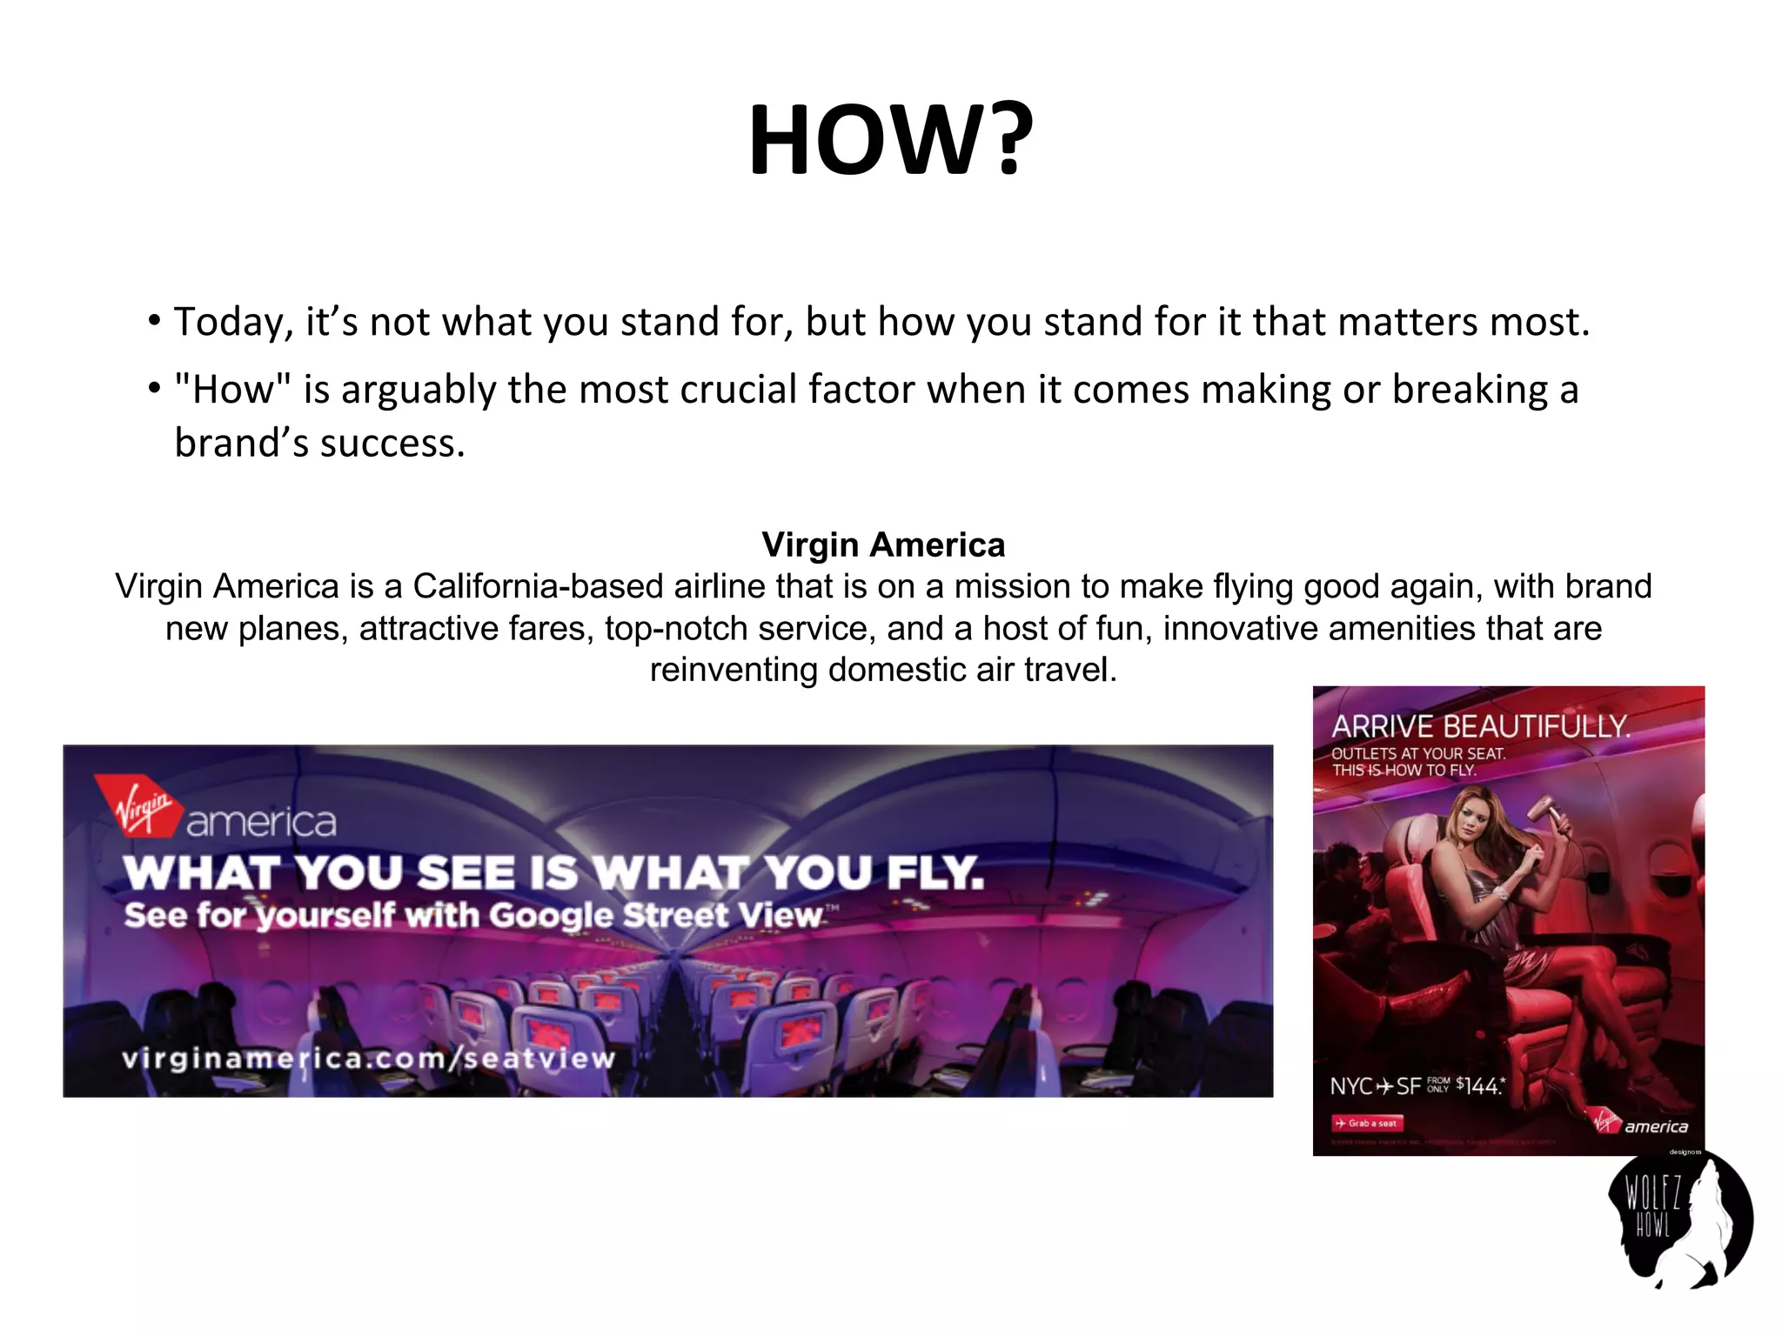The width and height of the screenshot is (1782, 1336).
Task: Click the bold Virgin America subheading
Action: click(883, 545)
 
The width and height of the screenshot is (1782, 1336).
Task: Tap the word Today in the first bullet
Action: click(228, 323)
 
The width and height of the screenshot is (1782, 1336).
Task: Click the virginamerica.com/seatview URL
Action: click(369, 1059)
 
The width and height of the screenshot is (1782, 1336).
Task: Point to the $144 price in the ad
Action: click(1479, 1086)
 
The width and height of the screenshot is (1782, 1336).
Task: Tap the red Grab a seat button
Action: click(1367, 1124)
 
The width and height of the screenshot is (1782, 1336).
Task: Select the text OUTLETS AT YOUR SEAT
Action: click(1417, 754)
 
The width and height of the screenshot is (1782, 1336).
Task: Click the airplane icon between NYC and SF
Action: click(1385, 1087)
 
